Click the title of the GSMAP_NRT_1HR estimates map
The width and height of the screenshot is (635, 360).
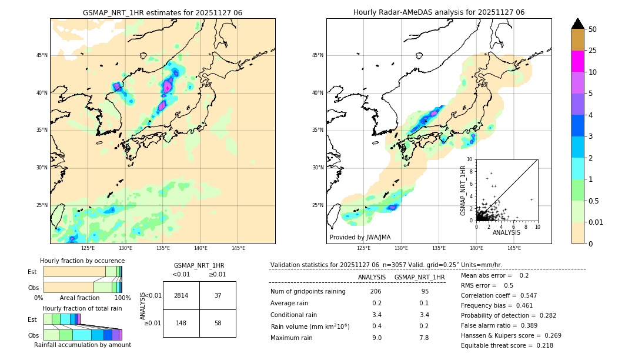tap(162, 12)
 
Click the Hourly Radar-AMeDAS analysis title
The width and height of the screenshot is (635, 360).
tap(439, 12)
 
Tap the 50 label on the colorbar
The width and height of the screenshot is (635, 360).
tap(593, 29)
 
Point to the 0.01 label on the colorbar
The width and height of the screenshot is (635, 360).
tap(596, 222)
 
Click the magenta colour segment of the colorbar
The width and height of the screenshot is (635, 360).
tap(577, 61)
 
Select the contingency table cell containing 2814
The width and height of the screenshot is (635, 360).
tap(181, 295)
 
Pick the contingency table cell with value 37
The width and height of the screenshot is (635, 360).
tap(218, 295)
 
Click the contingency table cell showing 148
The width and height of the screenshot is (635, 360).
tap(181, 323)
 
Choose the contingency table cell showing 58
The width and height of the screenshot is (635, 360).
tap(218, 323)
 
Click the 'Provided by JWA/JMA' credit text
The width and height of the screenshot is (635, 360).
tap(360, 237)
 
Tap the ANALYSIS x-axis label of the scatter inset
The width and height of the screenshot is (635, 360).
tap(506, 232)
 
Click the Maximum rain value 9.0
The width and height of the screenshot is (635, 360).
tap(376, 338)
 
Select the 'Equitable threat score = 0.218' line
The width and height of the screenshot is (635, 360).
tap(507, 345)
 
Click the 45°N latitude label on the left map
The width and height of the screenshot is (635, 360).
tap(42, 55)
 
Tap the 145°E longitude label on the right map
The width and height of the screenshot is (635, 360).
tap(514, 248)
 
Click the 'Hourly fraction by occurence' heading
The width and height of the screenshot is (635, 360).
tap(82, 261)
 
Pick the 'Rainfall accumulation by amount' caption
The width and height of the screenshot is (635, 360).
tap(82, 345)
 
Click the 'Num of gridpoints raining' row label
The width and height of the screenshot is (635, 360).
tap(308, 291)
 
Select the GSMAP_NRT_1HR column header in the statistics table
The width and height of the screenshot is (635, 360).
tap(419, 277)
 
